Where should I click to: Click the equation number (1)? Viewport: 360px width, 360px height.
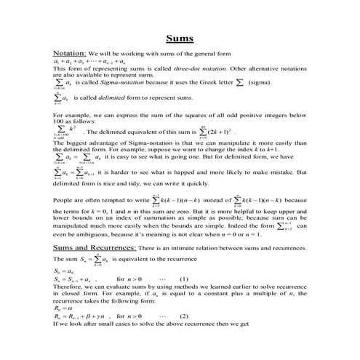[x=182, y=279]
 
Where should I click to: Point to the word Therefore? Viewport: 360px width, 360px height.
[x=70, y=287]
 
